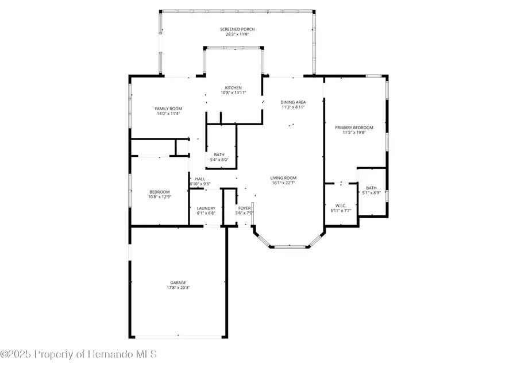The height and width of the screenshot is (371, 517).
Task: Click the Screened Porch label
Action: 237,29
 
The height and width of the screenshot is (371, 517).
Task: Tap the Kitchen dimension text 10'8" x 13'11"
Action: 233,93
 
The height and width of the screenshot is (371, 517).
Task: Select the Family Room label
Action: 168,109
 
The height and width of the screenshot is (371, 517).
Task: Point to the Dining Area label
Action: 293,102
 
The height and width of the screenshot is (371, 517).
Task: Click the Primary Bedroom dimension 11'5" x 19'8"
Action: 354,133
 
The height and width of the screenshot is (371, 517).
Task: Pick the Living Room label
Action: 283,178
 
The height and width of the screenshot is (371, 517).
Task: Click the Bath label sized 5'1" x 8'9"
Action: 372,188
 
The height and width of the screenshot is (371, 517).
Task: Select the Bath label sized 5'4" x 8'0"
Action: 219,154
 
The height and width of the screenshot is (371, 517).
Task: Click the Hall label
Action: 200,179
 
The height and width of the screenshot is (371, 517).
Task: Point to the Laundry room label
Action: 206,208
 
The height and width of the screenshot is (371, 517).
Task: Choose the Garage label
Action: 178,283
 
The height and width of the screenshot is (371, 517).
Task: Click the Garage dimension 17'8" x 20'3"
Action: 178,288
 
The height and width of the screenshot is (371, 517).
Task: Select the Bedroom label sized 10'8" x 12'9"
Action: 160,191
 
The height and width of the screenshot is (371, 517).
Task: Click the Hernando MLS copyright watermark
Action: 79,354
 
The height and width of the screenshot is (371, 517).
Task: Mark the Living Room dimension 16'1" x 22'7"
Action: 283,183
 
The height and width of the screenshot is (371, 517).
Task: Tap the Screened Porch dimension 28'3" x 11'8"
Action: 237,34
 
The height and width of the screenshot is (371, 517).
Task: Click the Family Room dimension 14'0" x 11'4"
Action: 168,114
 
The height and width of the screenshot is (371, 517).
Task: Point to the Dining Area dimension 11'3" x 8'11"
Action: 293,107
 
